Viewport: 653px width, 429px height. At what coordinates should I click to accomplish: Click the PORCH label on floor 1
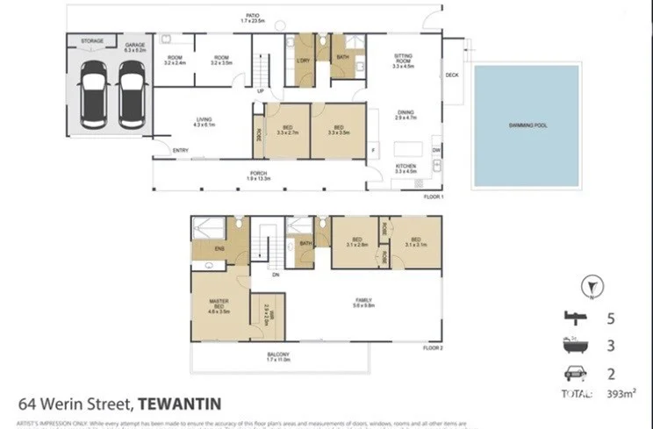click(x=258, y=175)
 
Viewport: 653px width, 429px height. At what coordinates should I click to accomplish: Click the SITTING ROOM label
click(x=403, y=59)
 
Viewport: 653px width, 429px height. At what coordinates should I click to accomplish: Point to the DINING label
click(x=405, y=112)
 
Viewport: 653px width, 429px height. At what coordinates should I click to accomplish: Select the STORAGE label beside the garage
click(x=92, y=41)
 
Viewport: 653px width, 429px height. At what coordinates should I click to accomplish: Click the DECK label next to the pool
click(x=452, y=75)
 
